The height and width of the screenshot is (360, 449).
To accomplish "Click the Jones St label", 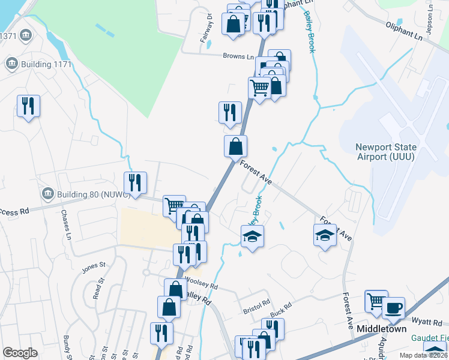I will (x=94, y=264).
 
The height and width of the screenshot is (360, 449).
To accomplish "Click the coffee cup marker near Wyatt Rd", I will (x=393, y=308).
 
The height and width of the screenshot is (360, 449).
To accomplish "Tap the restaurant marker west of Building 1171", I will (x=28, y=106).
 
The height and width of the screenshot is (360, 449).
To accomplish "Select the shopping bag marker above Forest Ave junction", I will (x=236, y=145).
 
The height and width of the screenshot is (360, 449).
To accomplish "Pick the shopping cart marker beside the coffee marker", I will (x=376, y=301).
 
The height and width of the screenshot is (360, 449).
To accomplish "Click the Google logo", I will (x=20, y=353).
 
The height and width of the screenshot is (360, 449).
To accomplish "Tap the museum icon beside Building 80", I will (x=48, y=194).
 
